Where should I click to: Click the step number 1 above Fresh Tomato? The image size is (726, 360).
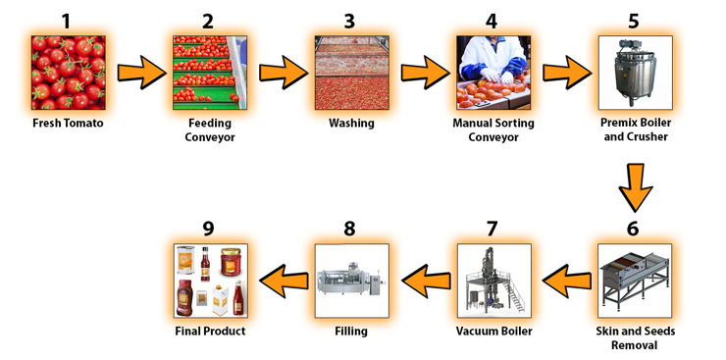(68, 21)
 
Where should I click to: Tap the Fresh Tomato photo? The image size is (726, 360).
(69, 73)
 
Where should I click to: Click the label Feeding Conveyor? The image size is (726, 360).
(210, 130)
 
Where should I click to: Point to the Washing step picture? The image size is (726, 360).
(352, 73)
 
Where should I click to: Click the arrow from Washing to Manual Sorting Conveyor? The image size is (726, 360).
(425, 73)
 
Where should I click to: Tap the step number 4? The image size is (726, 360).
(492, 21)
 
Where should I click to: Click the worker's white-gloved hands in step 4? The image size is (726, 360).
(496, 76)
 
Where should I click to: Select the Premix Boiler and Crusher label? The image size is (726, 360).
(636, 130)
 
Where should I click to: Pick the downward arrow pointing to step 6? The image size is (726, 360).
(636, 187)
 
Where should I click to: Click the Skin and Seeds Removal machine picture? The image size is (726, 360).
(635, 281)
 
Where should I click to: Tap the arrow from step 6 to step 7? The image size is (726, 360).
(567, 281)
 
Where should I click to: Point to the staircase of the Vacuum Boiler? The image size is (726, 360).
(515, 292)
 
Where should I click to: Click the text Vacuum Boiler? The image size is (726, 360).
(494, 332)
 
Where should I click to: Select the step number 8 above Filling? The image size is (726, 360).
(349, 229)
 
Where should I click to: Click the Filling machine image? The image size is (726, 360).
(352, 281)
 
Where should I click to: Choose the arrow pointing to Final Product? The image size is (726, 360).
(284, 281)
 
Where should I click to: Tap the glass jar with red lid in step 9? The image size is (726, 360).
(231, 262)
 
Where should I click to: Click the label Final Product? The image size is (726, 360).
(210, 332)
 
